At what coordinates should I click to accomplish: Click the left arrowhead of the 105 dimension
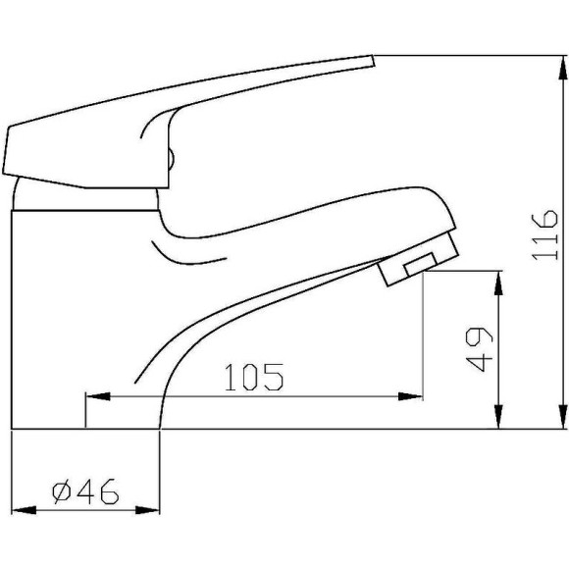94,397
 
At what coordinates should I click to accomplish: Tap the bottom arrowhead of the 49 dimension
501,421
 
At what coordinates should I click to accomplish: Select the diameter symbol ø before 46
58,488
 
